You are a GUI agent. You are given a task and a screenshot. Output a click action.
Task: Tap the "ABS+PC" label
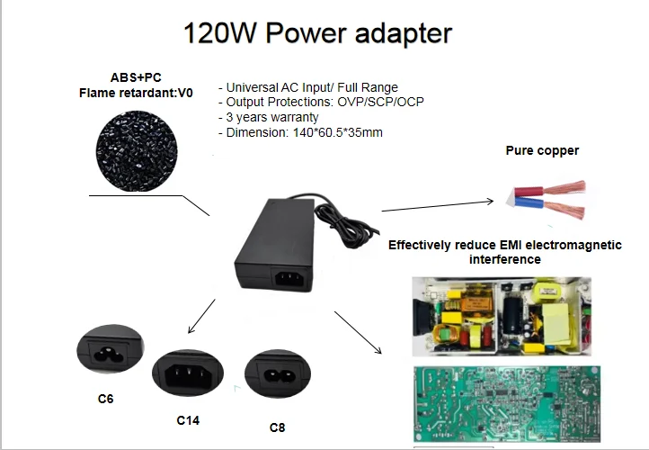pyautogui.click(x=136, y=77)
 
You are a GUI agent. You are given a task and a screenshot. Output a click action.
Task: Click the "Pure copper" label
pyautogui.click(x=542, y=151)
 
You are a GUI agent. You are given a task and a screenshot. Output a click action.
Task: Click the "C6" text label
pyautogui.click(x=106, y=398)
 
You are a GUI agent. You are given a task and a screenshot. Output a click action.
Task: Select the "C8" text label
pyautogui.click(x=278, y=427)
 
